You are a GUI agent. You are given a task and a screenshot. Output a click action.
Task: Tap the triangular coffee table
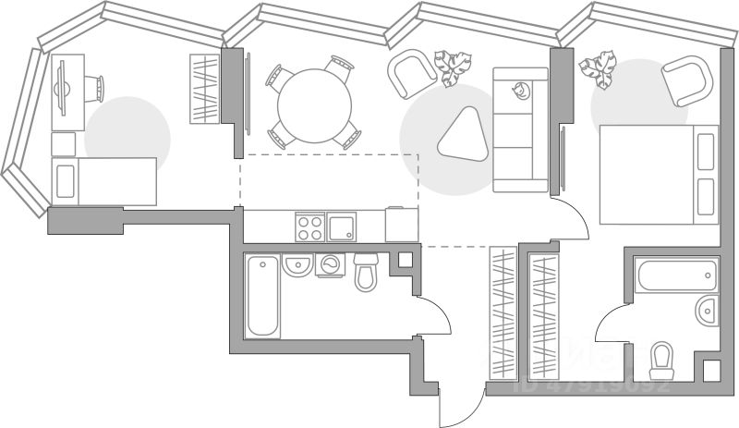pos(461,137)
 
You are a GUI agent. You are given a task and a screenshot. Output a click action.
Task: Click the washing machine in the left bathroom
pos(330,265)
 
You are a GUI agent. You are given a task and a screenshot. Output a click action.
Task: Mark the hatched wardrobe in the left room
pos(203,89)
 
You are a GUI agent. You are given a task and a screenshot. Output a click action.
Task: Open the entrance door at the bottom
pos(461,404)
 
